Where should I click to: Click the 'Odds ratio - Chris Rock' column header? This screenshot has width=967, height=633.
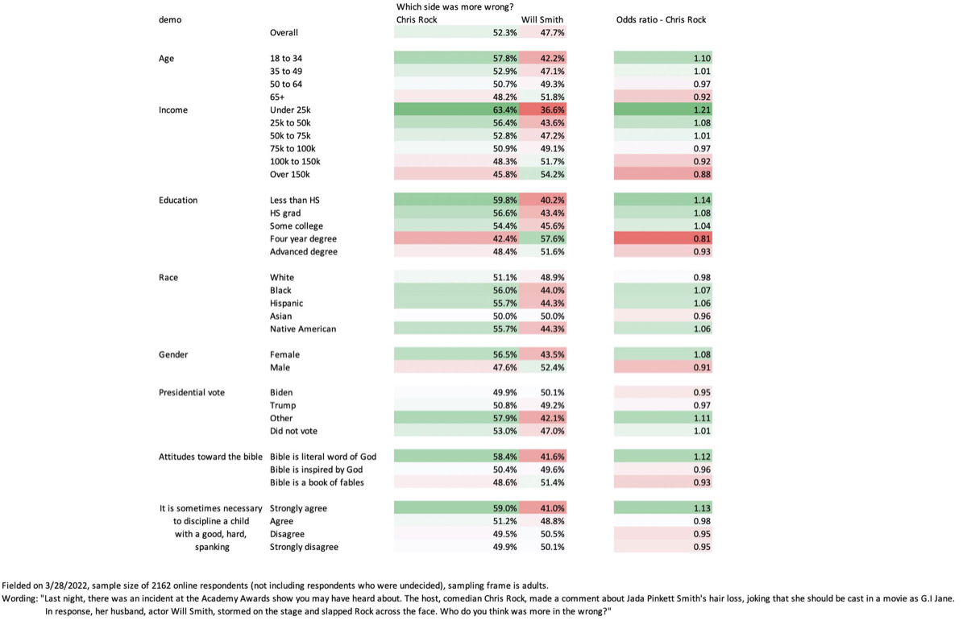tap(661, 20)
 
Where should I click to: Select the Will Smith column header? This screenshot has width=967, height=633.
tap(542, 20)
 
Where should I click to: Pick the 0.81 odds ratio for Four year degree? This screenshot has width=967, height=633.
tap(663, 238)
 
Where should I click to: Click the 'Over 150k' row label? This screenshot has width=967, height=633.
tap(289, 174)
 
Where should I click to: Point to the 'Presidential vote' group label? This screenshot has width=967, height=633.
tap(192, 392)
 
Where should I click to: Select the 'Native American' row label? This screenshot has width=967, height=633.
tap(303, 329)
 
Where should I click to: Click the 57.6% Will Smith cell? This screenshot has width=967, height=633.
tap(542, 238)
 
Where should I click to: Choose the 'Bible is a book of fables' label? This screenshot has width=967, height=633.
tap(317, 482)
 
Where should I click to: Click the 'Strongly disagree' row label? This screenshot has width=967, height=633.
tap(304, 547)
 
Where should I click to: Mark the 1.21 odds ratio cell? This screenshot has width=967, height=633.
tap(663, 110)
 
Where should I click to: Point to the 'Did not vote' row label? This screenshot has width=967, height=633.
tap(293, 431)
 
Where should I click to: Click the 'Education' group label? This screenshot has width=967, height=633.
tap(178, 201)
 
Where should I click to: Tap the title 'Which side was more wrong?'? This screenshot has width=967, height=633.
tap(455, 7)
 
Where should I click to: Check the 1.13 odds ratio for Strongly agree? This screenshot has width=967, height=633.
tap(663, 508)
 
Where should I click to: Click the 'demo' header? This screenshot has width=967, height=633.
tap(170, 20)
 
